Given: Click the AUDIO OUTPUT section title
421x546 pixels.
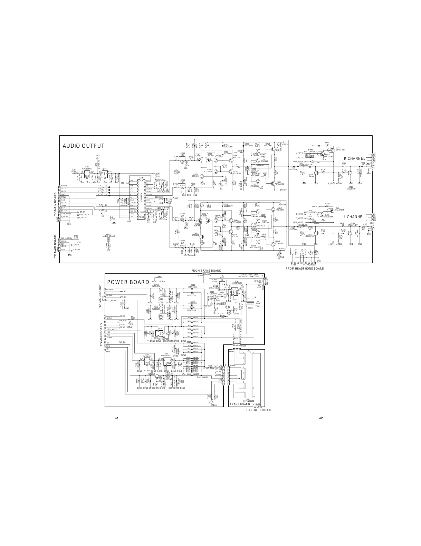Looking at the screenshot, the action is point(83,146).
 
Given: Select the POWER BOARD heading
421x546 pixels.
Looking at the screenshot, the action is point(128,282).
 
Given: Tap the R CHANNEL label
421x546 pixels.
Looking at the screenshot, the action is point(354,158).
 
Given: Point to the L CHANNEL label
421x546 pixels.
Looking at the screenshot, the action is point(354,217).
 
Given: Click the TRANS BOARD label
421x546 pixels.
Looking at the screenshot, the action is point(240,404).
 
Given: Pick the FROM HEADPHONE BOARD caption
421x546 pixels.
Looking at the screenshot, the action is point(305,269).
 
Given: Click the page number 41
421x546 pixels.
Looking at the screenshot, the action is point(117,418).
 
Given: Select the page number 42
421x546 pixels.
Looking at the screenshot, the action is point(321,418).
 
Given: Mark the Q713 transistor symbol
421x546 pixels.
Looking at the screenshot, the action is point(274,183).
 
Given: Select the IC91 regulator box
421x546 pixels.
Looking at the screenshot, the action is point(166,361).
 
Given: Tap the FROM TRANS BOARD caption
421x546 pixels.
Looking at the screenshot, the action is point(206,271).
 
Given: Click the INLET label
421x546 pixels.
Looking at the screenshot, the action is point(267,281).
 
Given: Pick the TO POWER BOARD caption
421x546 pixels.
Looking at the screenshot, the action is point(259,410).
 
